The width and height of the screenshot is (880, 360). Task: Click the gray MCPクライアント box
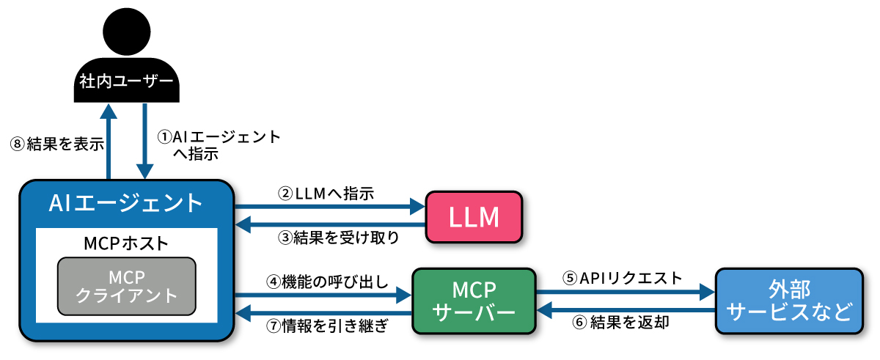pyautogui.click(x=126, y=286)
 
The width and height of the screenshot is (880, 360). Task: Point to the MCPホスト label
pyautogui.click(x=126, y=242)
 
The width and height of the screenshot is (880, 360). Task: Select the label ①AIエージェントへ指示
pyautogui.click(x=219, y=144)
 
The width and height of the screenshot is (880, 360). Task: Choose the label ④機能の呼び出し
pyautogui.click(x=326, y=281)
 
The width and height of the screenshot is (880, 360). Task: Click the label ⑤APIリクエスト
pyautogui.click(x=622, y=278)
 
